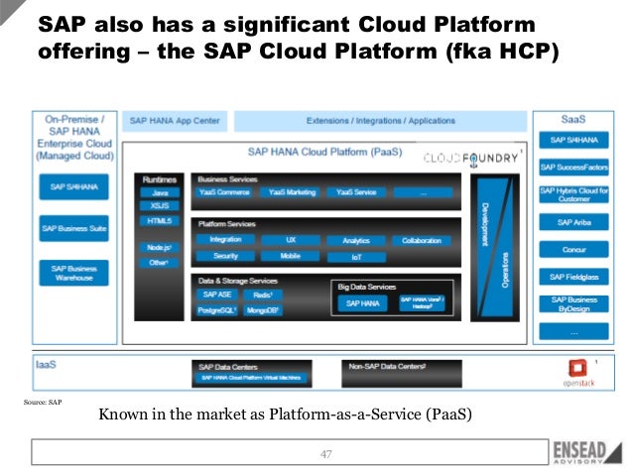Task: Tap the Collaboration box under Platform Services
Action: pos(421,240)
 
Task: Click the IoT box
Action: pos(356,257)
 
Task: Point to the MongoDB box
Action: pos(264,310)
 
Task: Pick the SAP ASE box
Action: pos(216,295)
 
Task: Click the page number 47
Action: pos(324,454)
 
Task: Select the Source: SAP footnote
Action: pos(41,403)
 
